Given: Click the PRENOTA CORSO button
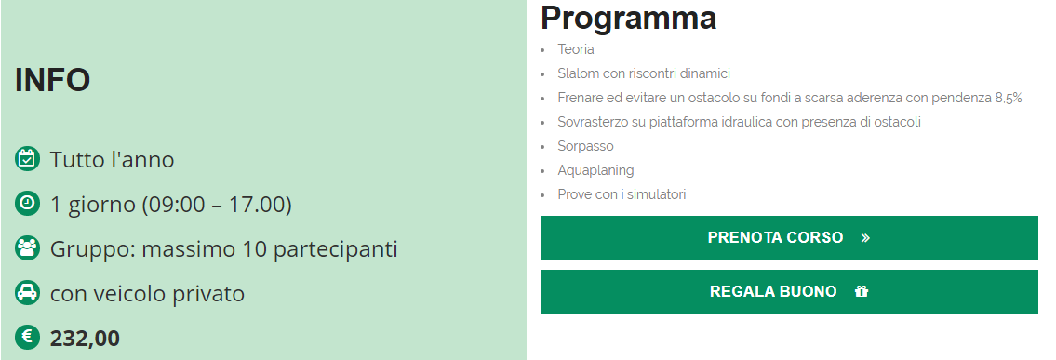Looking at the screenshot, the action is coord(789,237).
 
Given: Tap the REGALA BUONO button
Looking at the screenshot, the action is coord(789,291).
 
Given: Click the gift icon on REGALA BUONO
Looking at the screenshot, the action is coord(862,291).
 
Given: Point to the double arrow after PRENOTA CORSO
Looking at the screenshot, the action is coord(865,237).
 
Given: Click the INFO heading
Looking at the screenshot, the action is coord(52,80).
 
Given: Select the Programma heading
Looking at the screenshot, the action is coord(628,18).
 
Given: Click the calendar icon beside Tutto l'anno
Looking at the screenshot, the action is coord(27,159).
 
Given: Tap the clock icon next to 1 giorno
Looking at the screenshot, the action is coord(27,203).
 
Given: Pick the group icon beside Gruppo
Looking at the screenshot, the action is coord(27,248).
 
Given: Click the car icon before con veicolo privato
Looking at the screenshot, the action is coord(27,293).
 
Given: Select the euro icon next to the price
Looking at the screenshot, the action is coord(27,337).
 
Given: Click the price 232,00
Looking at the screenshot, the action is coord(85,338).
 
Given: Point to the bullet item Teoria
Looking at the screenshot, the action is coord(576,49).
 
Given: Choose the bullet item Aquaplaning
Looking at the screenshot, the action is coord(595,171).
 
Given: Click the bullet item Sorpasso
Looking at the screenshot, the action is coord(585,147).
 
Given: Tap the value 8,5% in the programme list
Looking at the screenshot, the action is coord(1009,99).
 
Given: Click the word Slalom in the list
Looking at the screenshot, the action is coord(577,73).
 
